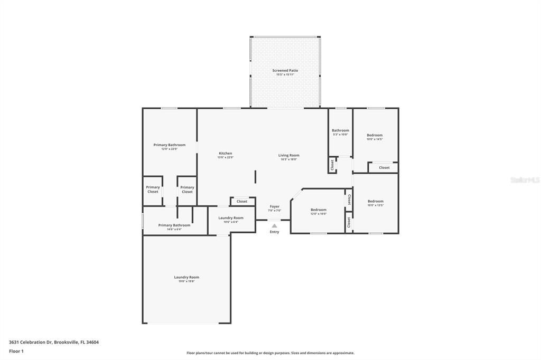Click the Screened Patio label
[285, 70]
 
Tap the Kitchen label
[225, 153]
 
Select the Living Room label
[289, 155]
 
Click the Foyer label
[275, 206]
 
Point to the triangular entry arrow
[274, 226]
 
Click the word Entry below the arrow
[274, 232]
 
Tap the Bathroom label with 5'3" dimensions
[340, 130]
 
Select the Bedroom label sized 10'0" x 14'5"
[375, 135]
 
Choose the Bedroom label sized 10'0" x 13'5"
[375, 201]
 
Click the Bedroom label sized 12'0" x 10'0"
[318, 210]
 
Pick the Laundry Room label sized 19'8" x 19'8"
[186, 277]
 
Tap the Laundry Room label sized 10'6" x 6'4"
[231, 218]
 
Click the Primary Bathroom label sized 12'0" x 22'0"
[170, 145]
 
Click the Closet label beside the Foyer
[242, 201]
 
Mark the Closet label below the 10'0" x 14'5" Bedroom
[384, 167]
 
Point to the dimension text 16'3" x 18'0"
[289, 159]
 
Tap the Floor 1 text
[16, 351]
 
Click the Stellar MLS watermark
[525, 180]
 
